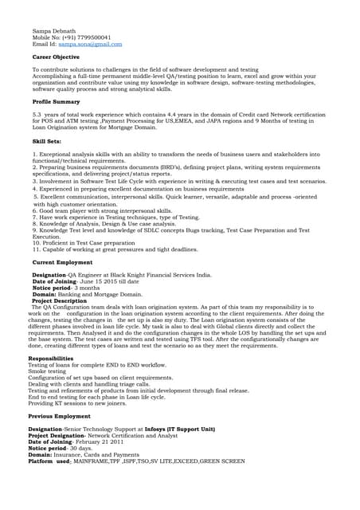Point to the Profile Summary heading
[57, 102]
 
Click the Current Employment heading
[62, 262]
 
